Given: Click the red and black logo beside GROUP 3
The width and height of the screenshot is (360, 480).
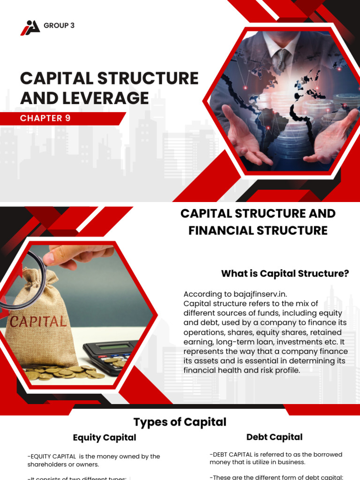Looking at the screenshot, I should (30, 27).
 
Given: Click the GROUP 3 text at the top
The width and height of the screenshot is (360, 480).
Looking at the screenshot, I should (59, 26).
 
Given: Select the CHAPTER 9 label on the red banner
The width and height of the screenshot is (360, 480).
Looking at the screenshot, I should (45, 118).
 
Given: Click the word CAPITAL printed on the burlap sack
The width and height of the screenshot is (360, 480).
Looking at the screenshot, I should (38, 322).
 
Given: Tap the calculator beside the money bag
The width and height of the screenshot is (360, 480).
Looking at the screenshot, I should (110, 354).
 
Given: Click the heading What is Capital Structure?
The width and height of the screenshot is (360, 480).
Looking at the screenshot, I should (285, 273).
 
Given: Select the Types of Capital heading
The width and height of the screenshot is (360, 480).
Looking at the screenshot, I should (180, 422).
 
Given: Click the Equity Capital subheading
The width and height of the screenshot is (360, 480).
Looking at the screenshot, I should (105, 437).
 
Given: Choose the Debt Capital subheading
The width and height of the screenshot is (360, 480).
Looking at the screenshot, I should (274, 437).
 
